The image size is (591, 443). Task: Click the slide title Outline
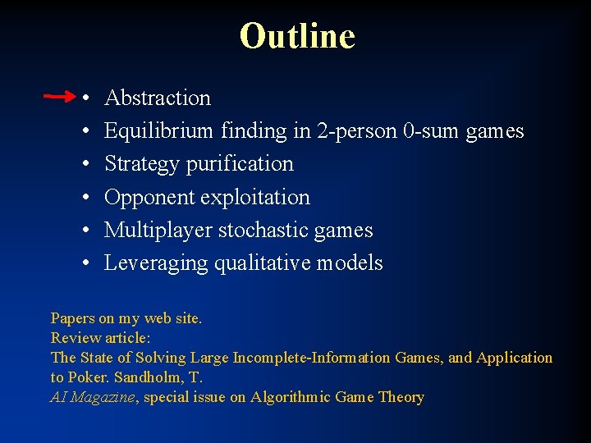(x=296, y=36)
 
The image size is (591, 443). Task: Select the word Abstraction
(x=158, y=98)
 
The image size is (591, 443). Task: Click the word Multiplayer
(x=158, y=230)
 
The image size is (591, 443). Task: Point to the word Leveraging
(x=156, y=263)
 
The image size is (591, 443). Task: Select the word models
(x=351, y=263)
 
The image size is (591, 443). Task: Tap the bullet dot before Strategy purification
(x=87, y=165)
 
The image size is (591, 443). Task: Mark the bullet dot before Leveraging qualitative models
(x=87, y=264)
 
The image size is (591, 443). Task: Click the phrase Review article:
(x=101, y=337)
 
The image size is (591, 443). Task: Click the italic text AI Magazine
(x=93, y=397)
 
